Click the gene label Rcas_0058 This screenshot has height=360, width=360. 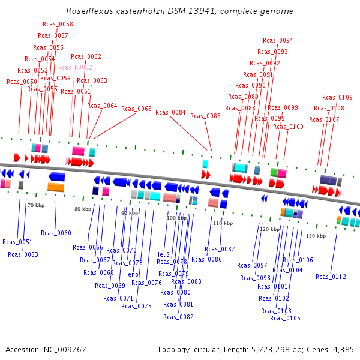click(x=58, y=24)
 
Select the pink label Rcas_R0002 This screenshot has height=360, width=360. click(x=75, y=68)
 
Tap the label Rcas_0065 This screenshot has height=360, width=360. click(x=136, y=109)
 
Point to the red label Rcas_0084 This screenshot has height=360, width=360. click(x=170, y=112)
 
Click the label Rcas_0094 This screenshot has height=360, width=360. click(x=278, y=41)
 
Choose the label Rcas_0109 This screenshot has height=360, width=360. click(x=337, y=97)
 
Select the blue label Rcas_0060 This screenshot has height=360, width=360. click(x=56, y=233)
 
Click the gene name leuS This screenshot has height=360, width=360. click(x=163, y=254)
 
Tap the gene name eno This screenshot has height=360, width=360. click(x=133, y=274)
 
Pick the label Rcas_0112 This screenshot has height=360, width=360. click(x=331, y=277)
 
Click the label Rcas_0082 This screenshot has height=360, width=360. click(x=178, y=317)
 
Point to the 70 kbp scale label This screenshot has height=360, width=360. click(x=36, y=206)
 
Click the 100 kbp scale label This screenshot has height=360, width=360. click(x=176, y=218)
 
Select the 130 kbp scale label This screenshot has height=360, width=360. click(x=316, y=236)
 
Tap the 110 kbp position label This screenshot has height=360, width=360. click(x=223, y=223)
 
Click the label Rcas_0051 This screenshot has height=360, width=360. click(x=17, y=242)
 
